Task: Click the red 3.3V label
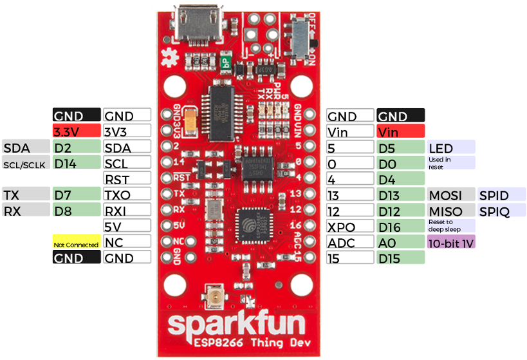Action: [76, 131]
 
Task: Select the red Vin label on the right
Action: [400, 131]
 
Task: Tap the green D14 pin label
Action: [76, 163]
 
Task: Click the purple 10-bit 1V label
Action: [450, 242]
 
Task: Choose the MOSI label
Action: [450, 194]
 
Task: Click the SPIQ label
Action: [501, 211]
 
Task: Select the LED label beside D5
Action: [450, 147]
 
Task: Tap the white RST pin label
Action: [127, 178]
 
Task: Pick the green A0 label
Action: [400, 242]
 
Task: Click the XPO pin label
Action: [350, 227]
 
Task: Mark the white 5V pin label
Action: [127, 226]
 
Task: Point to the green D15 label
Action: [400, 258]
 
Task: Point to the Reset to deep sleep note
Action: [450, 225]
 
